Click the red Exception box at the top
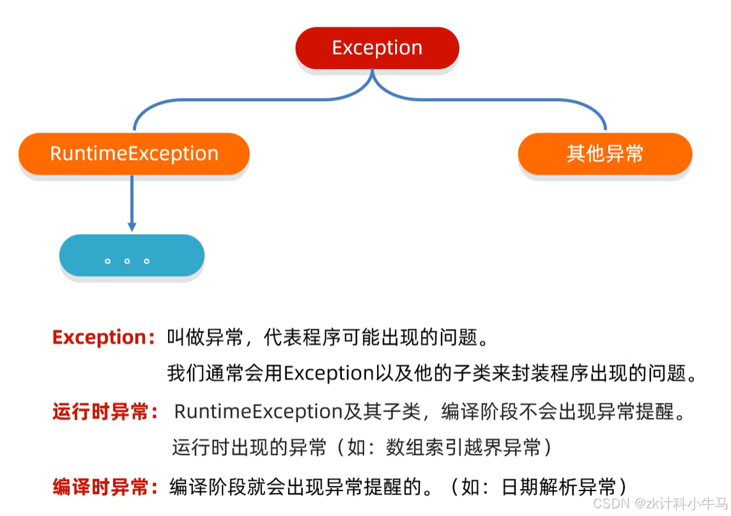(x=377, y=48)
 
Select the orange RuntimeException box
(x=134, y=154)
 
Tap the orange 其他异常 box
(x=604, y=154)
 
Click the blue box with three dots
(x=132, y=256)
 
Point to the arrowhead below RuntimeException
(x=132, y=226)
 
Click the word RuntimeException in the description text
(x=259, y=412)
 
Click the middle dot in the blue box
(x=127, y=262)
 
